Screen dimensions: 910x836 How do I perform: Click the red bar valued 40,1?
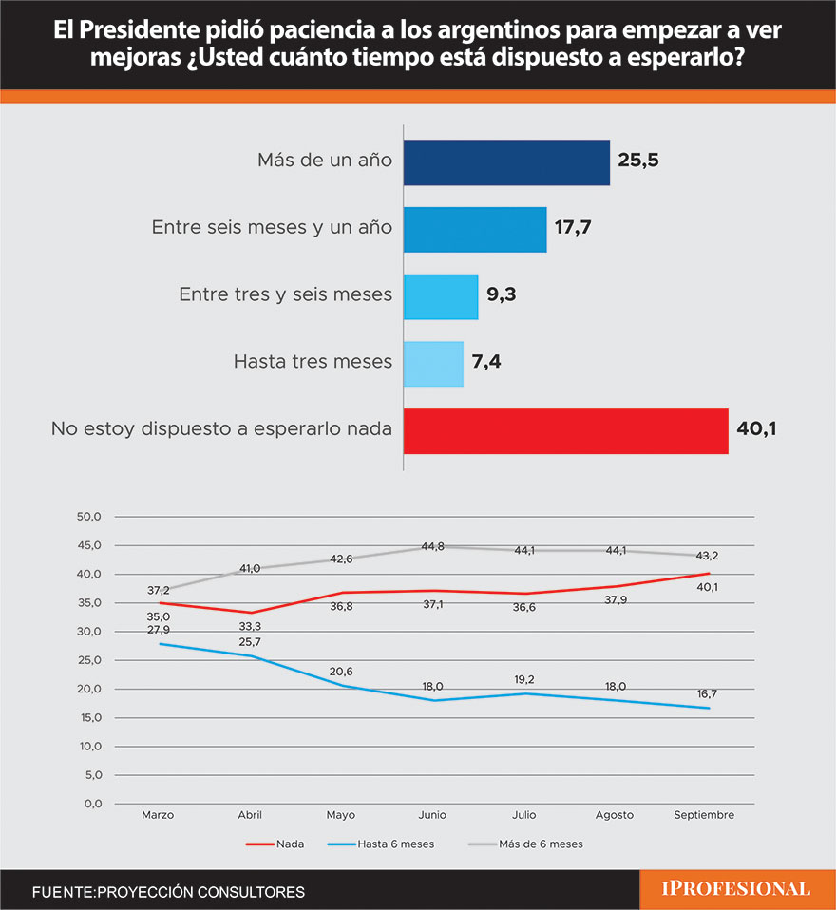[x=565, y=430]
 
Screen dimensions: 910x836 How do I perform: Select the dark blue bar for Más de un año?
[x=506, y=162]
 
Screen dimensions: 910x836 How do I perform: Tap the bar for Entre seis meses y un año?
[x=475, y=229]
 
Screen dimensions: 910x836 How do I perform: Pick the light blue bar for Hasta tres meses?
[x=433, y=363]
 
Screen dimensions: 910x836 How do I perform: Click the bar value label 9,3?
[x=503, y=294]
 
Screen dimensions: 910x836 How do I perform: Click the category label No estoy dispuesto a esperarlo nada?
[x=221, y=429]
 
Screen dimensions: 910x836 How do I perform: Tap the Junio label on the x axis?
[x=432, y=815]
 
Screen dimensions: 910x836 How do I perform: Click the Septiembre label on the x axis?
[x=704, y=815]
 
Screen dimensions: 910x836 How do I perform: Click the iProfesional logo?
[x=736, y=889]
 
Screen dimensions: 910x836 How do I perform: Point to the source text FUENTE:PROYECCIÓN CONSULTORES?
[x=168, y=892]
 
